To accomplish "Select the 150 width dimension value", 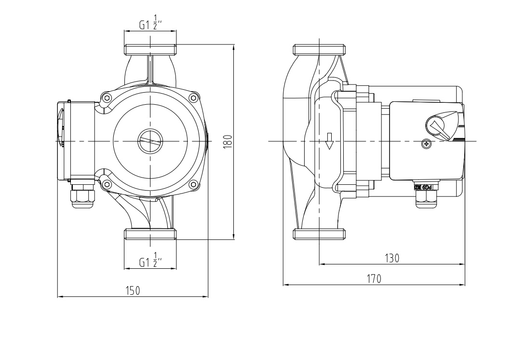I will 133,291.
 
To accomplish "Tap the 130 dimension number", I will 392,258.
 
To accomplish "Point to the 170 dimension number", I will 374,278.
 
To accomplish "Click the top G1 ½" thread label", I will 150,25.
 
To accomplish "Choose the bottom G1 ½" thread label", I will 150,261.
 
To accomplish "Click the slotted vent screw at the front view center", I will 150,141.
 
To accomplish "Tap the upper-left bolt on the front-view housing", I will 107,98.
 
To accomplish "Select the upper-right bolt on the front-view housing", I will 193,98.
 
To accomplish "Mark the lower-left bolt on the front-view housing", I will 107,184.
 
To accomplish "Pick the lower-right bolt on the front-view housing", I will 193,184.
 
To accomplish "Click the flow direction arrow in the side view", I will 330,141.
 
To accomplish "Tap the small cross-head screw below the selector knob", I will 426,143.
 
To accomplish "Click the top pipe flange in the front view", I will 150,49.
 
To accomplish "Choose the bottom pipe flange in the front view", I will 150,234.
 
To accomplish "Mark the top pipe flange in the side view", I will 320,49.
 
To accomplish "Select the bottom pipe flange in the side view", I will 320,234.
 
